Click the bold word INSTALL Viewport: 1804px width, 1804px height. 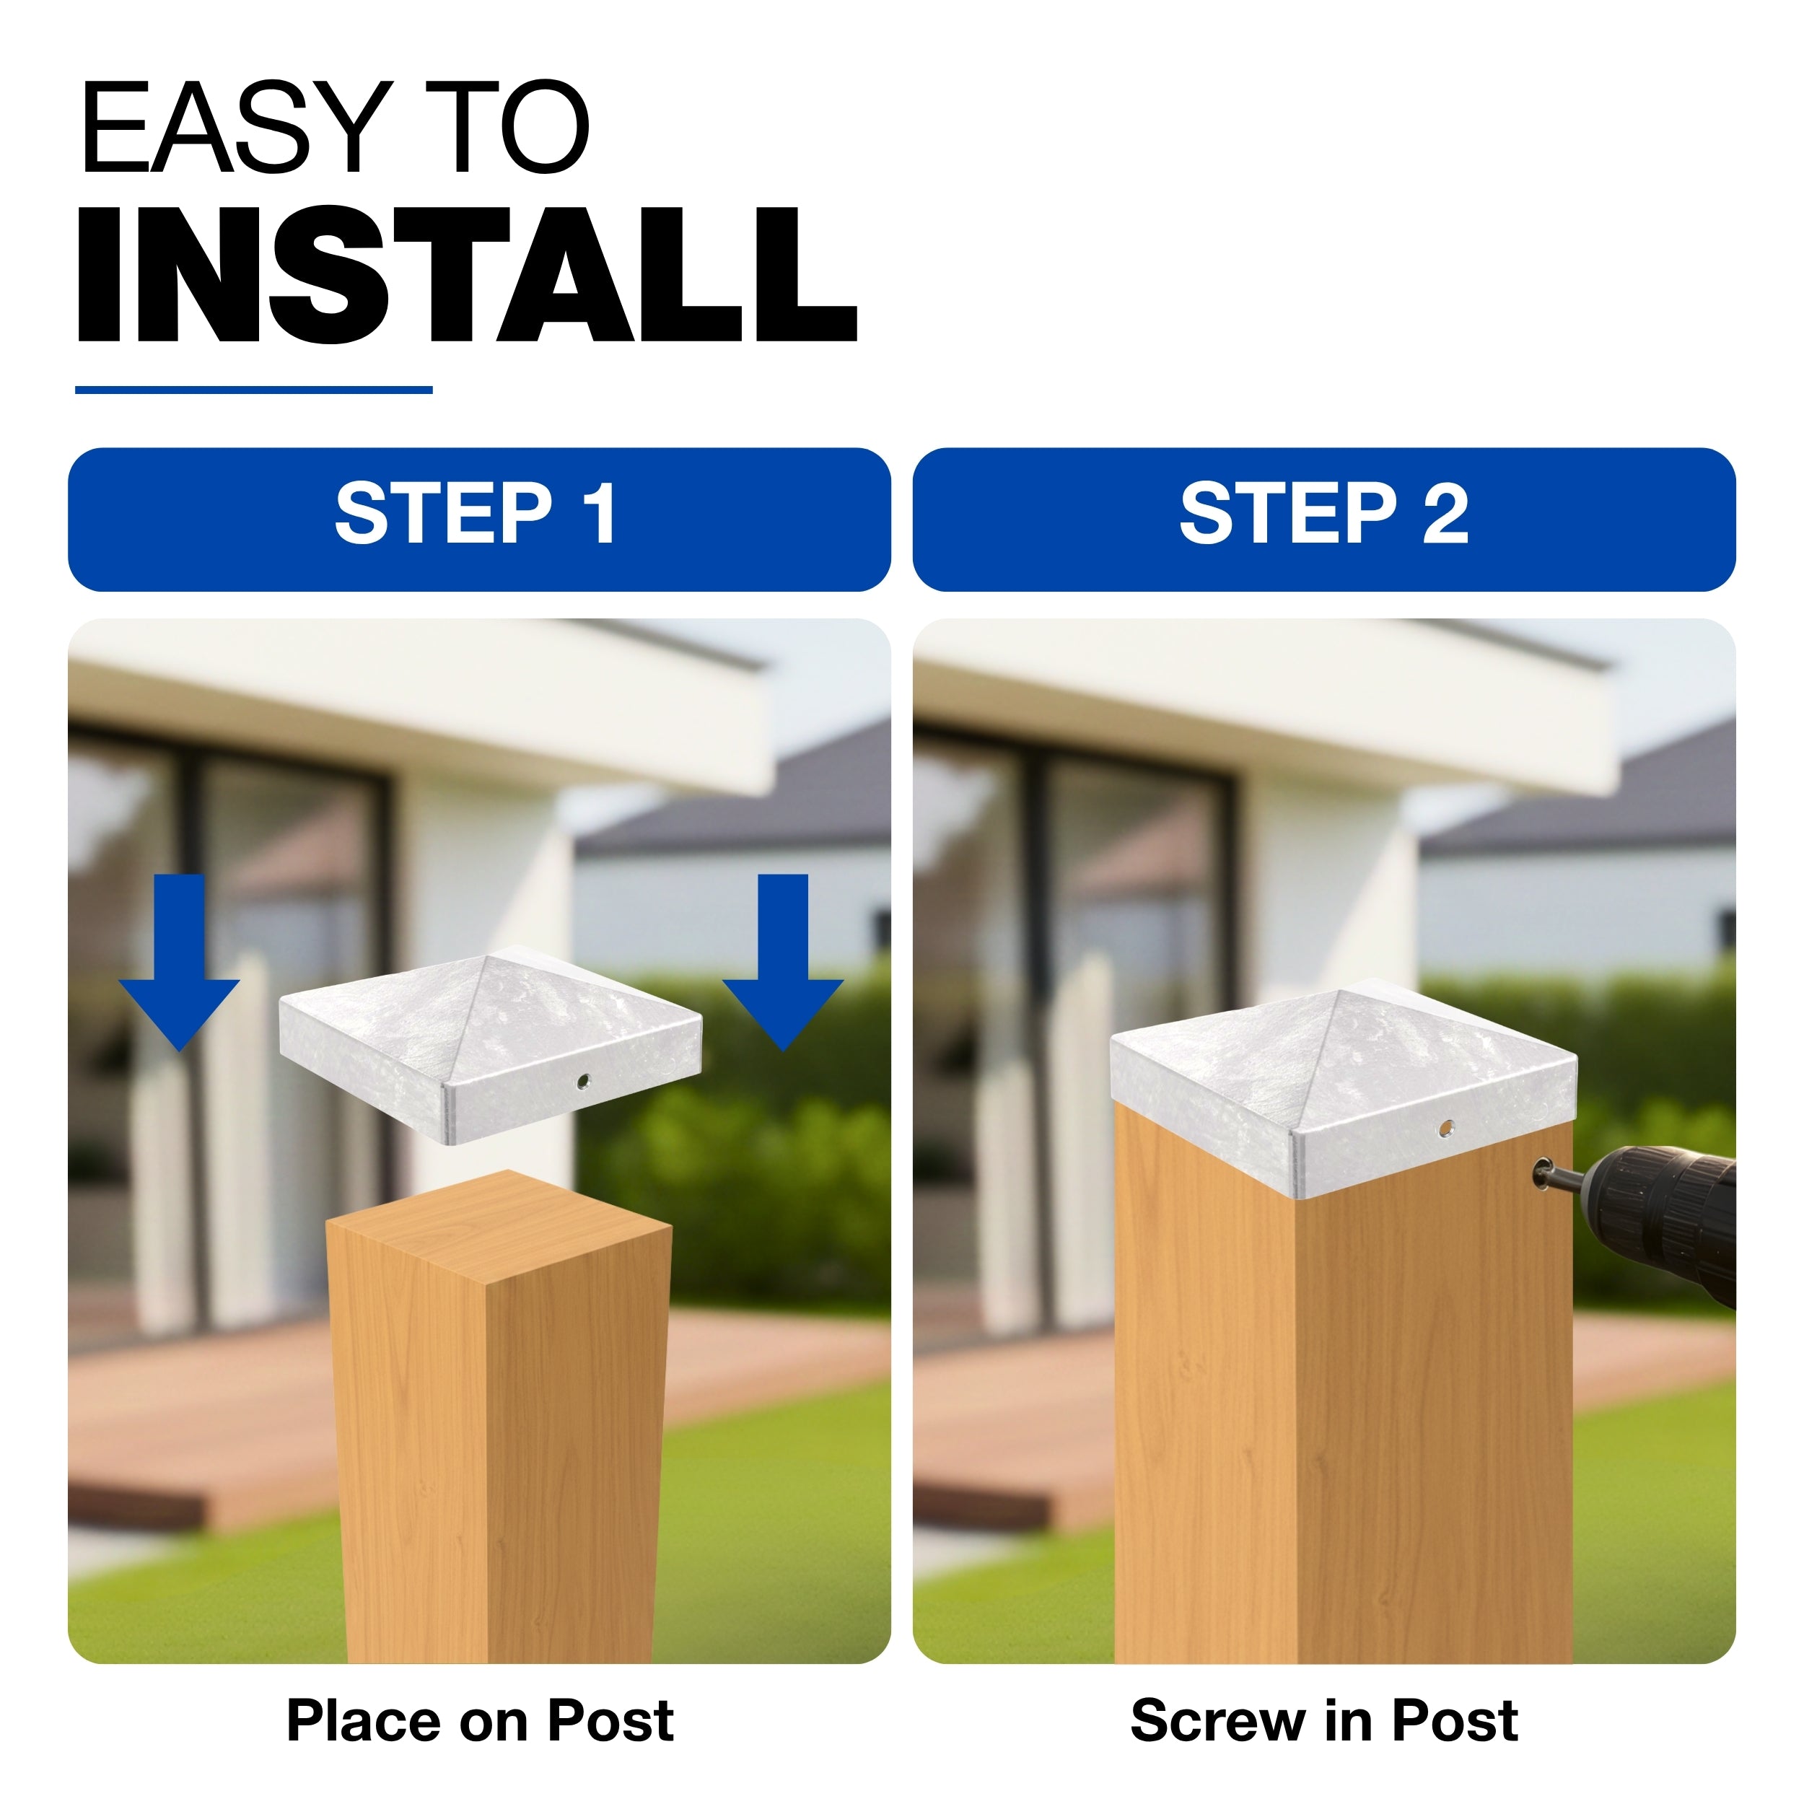(x=467, y=274)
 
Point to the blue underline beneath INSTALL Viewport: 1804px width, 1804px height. (x=254, y=390)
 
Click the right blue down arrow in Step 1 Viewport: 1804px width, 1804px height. (x=782, y=962)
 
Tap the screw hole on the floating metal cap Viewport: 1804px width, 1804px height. (x=584, y=1082)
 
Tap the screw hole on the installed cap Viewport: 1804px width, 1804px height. (x=1446, y=1129)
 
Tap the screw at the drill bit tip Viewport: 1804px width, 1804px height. (x=1541, y=1172)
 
